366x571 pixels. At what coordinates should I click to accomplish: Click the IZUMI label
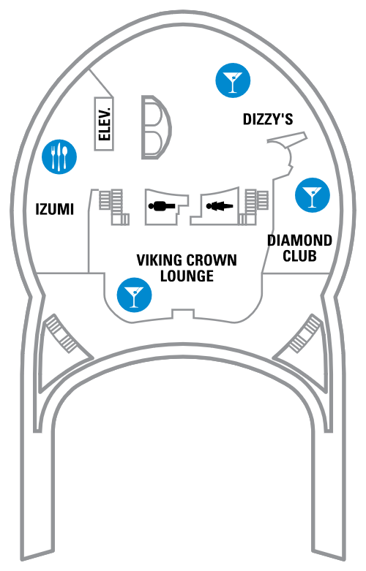click(x=55, y=209)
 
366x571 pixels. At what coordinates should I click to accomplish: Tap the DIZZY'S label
click(x=268, y=118)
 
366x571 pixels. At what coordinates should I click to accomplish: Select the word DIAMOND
click(x=299, y=241)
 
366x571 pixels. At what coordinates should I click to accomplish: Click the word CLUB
click(x=299, y=256)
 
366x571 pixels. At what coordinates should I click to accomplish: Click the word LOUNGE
click(x=187, y=276)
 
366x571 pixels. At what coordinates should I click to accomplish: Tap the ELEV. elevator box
click(x=104, y=124)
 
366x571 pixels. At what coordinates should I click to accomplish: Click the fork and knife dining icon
click(x=59, y=157)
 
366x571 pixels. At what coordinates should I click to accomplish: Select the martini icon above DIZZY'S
click(x=233, y=80)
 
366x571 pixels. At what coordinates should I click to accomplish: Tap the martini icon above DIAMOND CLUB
click(x=313, y=195)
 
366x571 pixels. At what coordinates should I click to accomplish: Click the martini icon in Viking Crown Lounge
click(x=134, y=295)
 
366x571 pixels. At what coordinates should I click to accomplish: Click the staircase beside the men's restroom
click(x=113, y=206)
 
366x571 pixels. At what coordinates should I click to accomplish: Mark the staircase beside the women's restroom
click(x=254, y=206)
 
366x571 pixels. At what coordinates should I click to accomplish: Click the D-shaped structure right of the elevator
click(x=157, y=127)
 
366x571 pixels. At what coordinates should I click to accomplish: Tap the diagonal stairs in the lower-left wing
click(x=61, y=334)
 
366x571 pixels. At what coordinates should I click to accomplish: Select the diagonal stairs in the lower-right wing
click(x=305, y=334)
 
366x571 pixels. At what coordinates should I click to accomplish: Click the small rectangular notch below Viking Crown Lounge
click(x=183, y=314)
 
